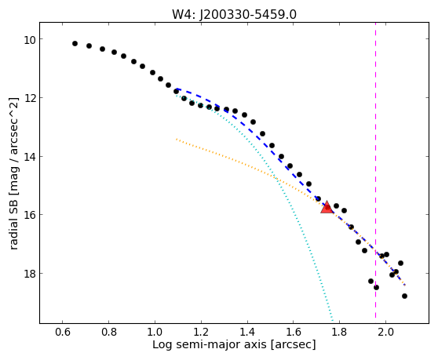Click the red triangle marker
point(327,207)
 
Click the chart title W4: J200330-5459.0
point(234,15)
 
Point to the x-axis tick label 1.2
point(201,333)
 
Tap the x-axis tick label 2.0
point(385,333)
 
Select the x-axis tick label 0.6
point(63,333)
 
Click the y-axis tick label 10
point(29,40)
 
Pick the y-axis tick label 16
point(29,215)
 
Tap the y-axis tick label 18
point(29,274)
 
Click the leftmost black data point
point(75,44)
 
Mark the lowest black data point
point(404,296)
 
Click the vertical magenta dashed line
point(375,170)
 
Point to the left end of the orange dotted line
point(177,139)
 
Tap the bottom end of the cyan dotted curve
point(332,320)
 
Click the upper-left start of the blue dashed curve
point(177,89)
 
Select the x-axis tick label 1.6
point(294,333)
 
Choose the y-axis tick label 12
point(29,98)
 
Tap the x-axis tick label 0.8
point(108,333)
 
